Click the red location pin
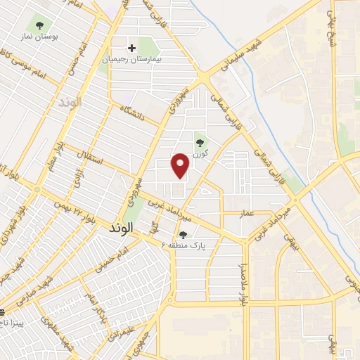click(181, 165)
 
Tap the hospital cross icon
click(131, 48)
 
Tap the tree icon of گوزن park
click(198, 137)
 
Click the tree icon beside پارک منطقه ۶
click(184, 235)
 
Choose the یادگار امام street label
click(89, 307)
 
